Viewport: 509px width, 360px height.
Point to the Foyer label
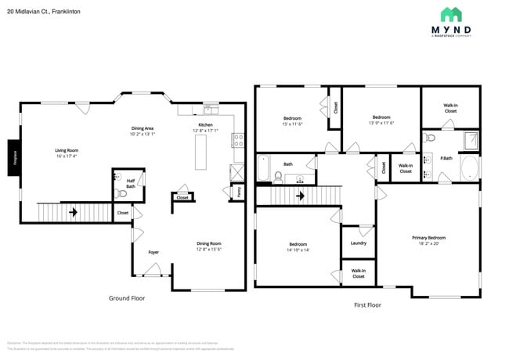[153, 252]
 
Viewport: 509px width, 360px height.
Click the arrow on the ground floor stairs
[73, 211]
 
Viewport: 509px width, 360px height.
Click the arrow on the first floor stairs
[300, 196]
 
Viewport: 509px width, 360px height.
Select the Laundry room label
[359, 243]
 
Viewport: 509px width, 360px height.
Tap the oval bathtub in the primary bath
[469, 168]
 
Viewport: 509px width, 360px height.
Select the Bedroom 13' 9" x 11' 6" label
[381, 120]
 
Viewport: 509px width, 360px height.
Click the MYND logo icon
[452, 14]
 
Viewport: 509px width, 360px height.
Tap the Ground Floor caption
[126, 297]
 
